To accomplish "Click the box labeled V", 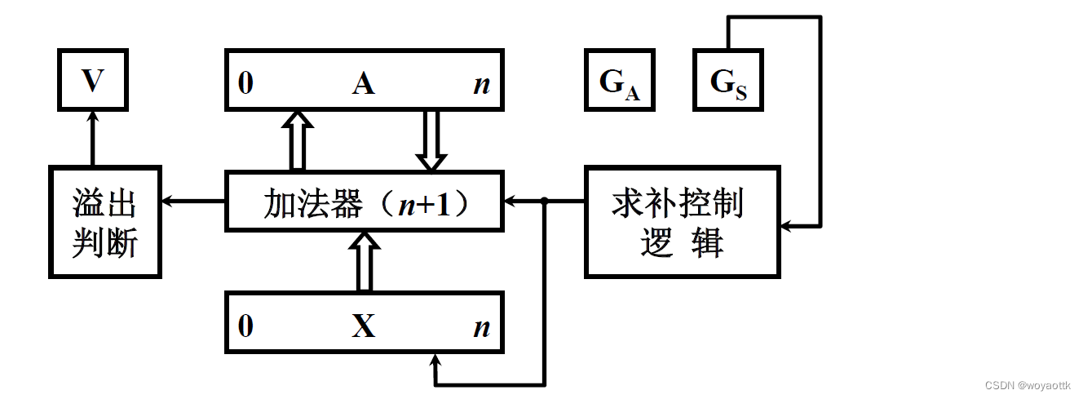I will [92, 79].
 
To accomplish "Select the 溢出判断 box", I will [104, 222].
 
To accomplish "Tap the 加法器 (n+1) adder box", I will [364, 200].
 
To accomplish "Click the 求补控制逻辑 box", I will [683, 222].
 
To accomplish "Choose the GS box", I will [727, 79].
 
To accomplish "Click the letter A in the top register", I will [364, 82].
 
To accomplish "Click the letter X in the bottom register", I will [364, 326].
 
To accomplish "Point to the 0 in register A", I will [245, 83].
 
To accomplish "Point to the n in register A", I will [482, 83].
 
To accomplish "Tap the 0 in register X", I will [245, 326].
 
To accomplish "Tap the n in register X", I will [482, 326].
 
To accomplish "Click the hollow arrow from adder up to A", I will [298, 140].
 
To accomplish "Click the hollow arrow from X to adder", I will [365, 261].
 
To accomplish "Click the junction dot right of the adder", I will [545, 201].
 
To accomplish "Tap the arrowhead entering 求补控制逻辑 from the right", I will [789, 224].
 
